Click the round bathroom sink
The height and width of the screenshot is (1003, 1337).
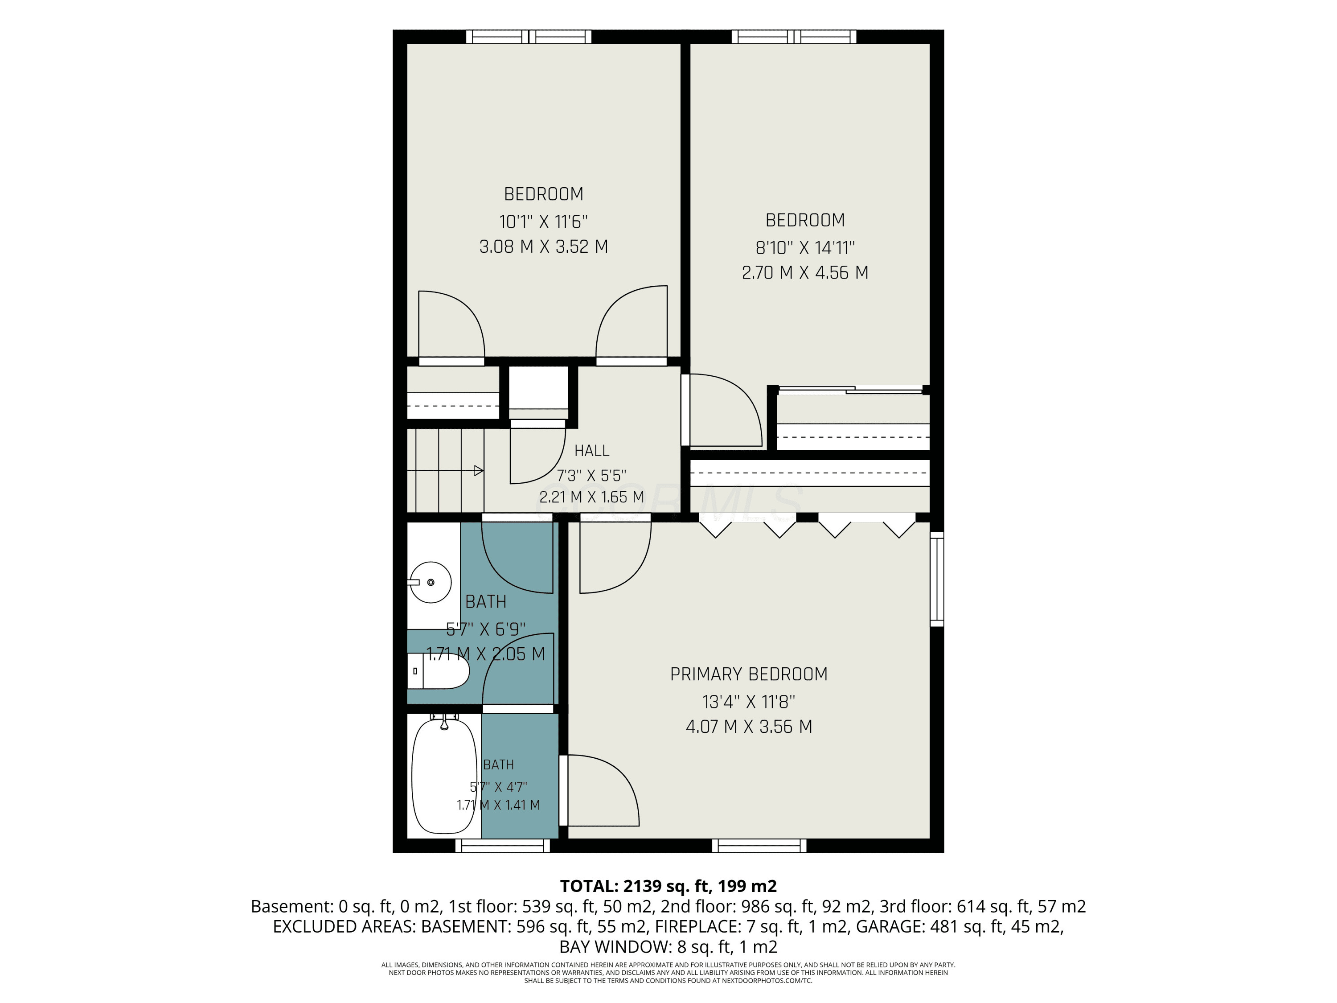[x=431, y=582]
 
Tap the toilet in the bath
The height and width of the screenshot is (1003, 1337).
[x=438, y=671]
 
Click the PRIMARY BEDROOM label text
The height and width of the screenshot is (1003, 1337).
[x=749, y=674]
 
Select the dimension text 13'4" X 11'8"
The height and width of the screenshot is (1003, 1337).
[x=749, y=702]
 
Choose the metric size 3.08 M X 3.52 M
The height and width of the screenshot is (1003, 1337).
[x=543, y=247]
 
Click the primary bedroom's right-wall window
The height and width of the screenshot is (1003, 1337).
[x=937, y=579]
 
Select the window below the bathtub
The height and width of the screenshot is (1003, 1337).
[x=503, y=846]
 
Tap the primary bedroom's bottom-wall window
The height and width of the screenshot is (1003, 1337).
[x=759, y=846]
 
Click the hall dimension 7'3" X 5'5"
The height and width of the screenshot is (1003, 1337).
[x=592, y=475]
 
